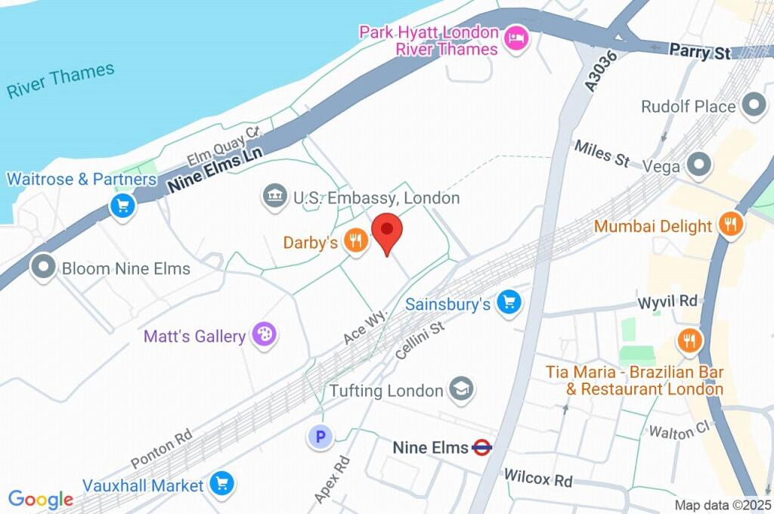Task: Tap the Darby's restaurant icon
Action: click(354, 242)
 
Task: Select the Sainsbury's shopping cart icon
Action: click(510, 303)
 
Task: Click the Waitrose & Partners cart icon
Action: click(122, 205)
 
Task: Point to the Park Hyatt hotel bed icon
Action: click(515, 38)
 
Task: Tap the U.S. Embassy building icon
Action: click(273, 197)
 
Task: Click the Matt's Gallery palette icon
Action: click(265, 335)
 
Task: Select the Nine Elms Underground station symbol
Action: click(481, 447)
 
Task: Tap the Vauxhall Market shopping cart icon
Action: click(222, 485)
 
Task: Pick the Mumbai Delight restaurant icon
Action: click(729, 224)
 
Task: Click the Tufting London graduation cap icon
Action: click(459, 390)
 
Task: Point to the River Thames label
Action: click(60, 81)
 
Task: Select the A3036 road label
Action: click(602, 70)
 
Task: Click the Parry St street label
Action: click(700, 52)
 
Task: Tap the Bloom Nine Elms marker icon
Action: click(43, 267)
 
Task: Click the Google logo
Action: click(40, 499)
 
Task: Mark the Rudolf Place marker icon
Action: click(754, 106)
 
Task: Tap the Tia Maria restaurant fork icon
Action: click(689, 340)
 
